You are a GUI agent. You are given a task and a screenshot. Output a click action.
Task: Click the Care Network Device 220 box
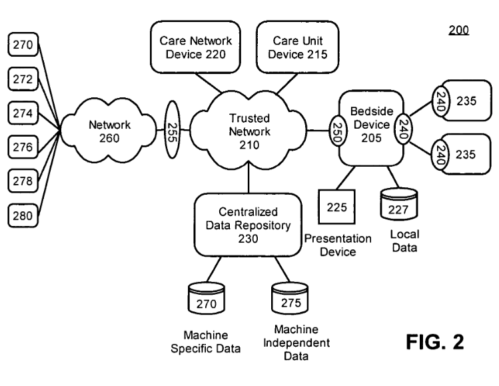192,47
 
